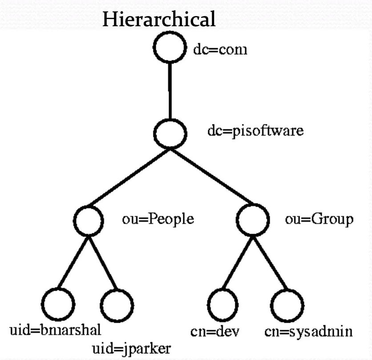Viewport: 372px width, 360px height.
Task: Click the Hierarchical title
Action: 159,20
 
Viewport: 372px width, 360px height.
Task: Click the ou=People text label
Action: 158,220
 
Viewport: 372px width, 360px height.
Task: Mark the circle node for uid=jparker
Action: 117,304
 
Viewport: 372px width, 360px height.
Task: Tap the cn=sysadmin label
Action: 308,332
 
